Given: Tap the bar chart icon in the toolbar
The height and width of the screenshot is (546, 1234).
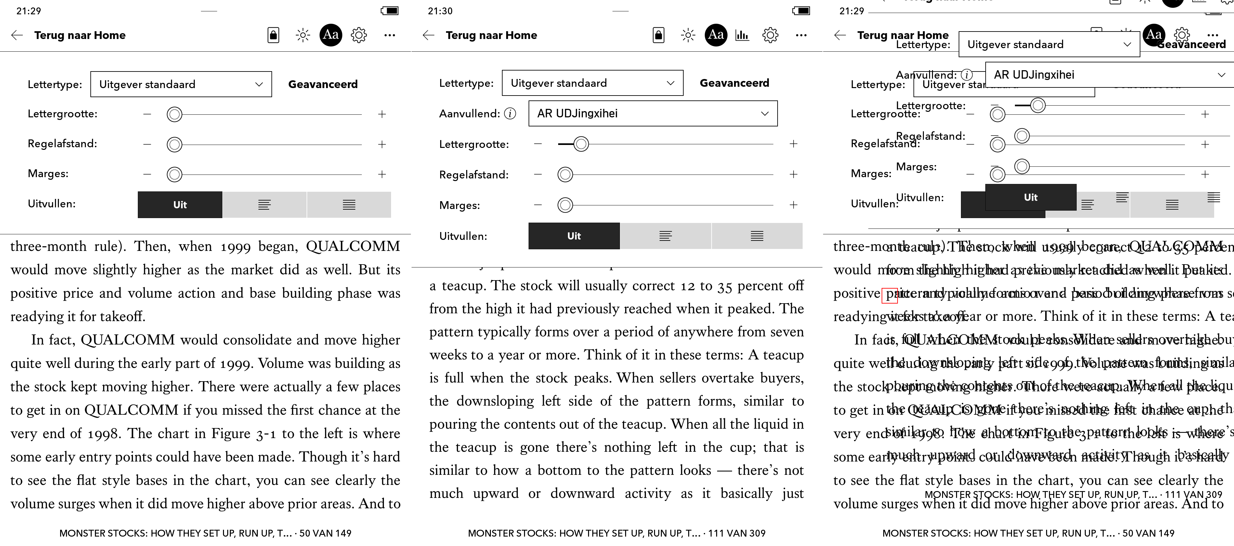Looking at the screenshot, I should (x=742, y=35).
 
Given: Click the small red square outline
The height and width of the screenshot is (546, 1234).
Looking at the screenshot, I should (x=889, y=295).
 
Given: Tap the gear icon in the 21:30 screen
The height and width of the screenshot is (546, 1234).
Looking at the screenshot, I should (x=770, y=35).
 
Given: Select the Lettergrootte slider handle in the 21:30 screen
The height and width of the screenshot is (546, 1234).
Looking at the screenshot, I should (x=581, y=144).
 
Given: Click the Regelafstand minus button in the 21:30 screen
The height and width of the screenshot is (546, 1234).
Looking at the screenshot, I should (x=538, y=174).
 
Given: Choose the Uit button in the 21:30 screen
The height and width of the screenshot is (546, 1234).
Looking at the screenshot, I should (x=574, y=236).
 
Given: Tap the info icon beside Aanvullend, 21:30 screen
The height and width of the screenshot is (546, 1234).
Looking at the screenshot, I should (x=511, y=113).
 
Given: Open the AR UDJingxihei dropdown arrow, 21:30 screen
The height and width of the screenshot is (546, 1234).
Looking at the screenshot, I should (x=765, y=113).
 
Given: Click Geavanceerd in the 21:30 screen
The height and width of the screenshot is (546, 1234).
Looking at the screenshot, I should (x=734, y=83).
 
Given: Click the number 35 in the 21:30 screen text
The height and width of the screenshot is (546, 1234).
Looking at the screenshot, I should (x=725, y=286).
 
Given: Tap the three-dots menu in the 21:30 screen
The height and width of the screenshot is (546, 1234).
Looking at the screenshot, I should (x=801, y=35).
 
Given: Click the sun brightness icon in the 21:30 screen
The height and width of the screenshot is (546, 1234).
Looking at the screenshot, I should (x=688, y=35).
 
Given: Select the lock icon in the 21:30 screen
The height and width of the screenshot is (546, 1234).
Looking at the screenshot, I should (x=659, y=35).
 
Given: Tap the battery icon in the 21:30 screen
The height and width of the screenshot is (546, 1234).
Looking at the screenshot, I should (x=801, y=10).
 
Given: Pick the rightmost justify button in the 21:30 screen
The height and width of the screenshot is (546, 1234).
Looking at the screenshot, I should (x=757, y=236).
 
